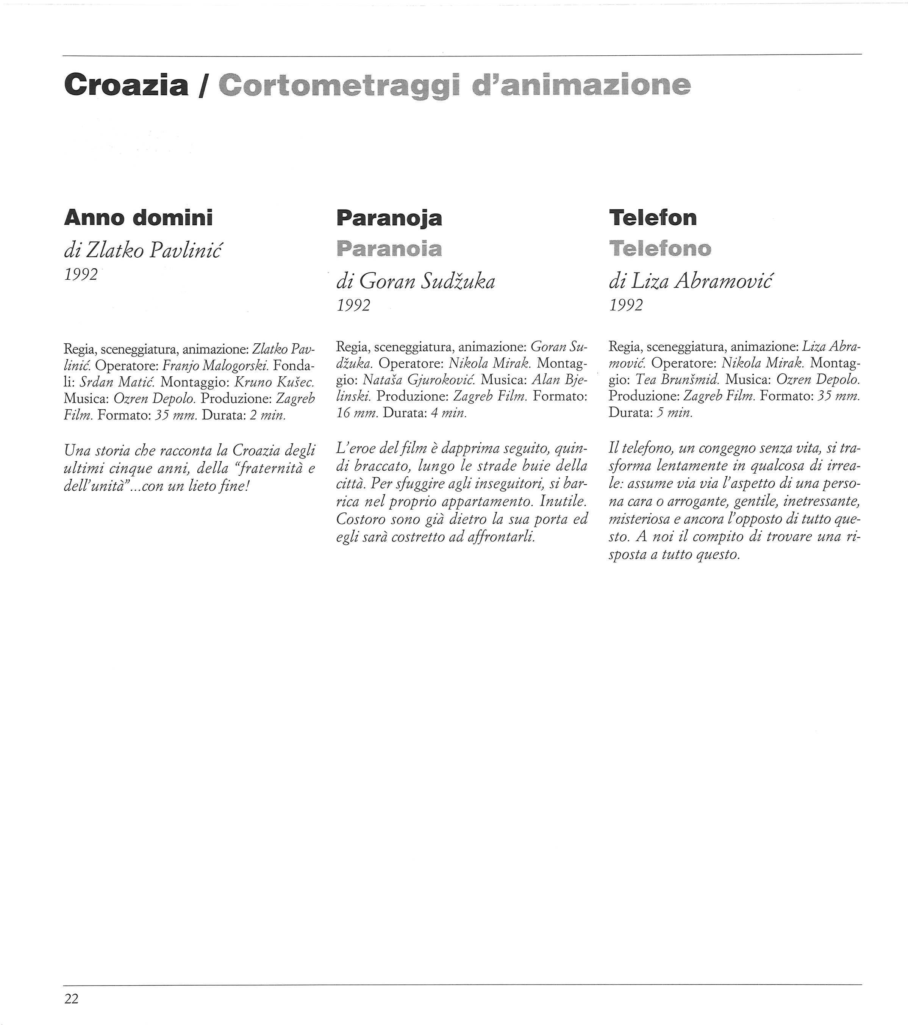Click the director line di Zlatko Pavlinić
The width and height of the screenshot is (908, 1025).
click(142, 250)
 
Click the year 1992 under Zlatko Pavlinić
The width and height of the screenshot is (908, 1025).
click(81, 275)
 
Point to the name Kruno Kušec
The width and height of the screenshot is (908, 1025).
click(274, 382)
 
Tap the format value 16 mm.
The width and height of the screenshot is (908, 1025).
click(357, 413)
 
